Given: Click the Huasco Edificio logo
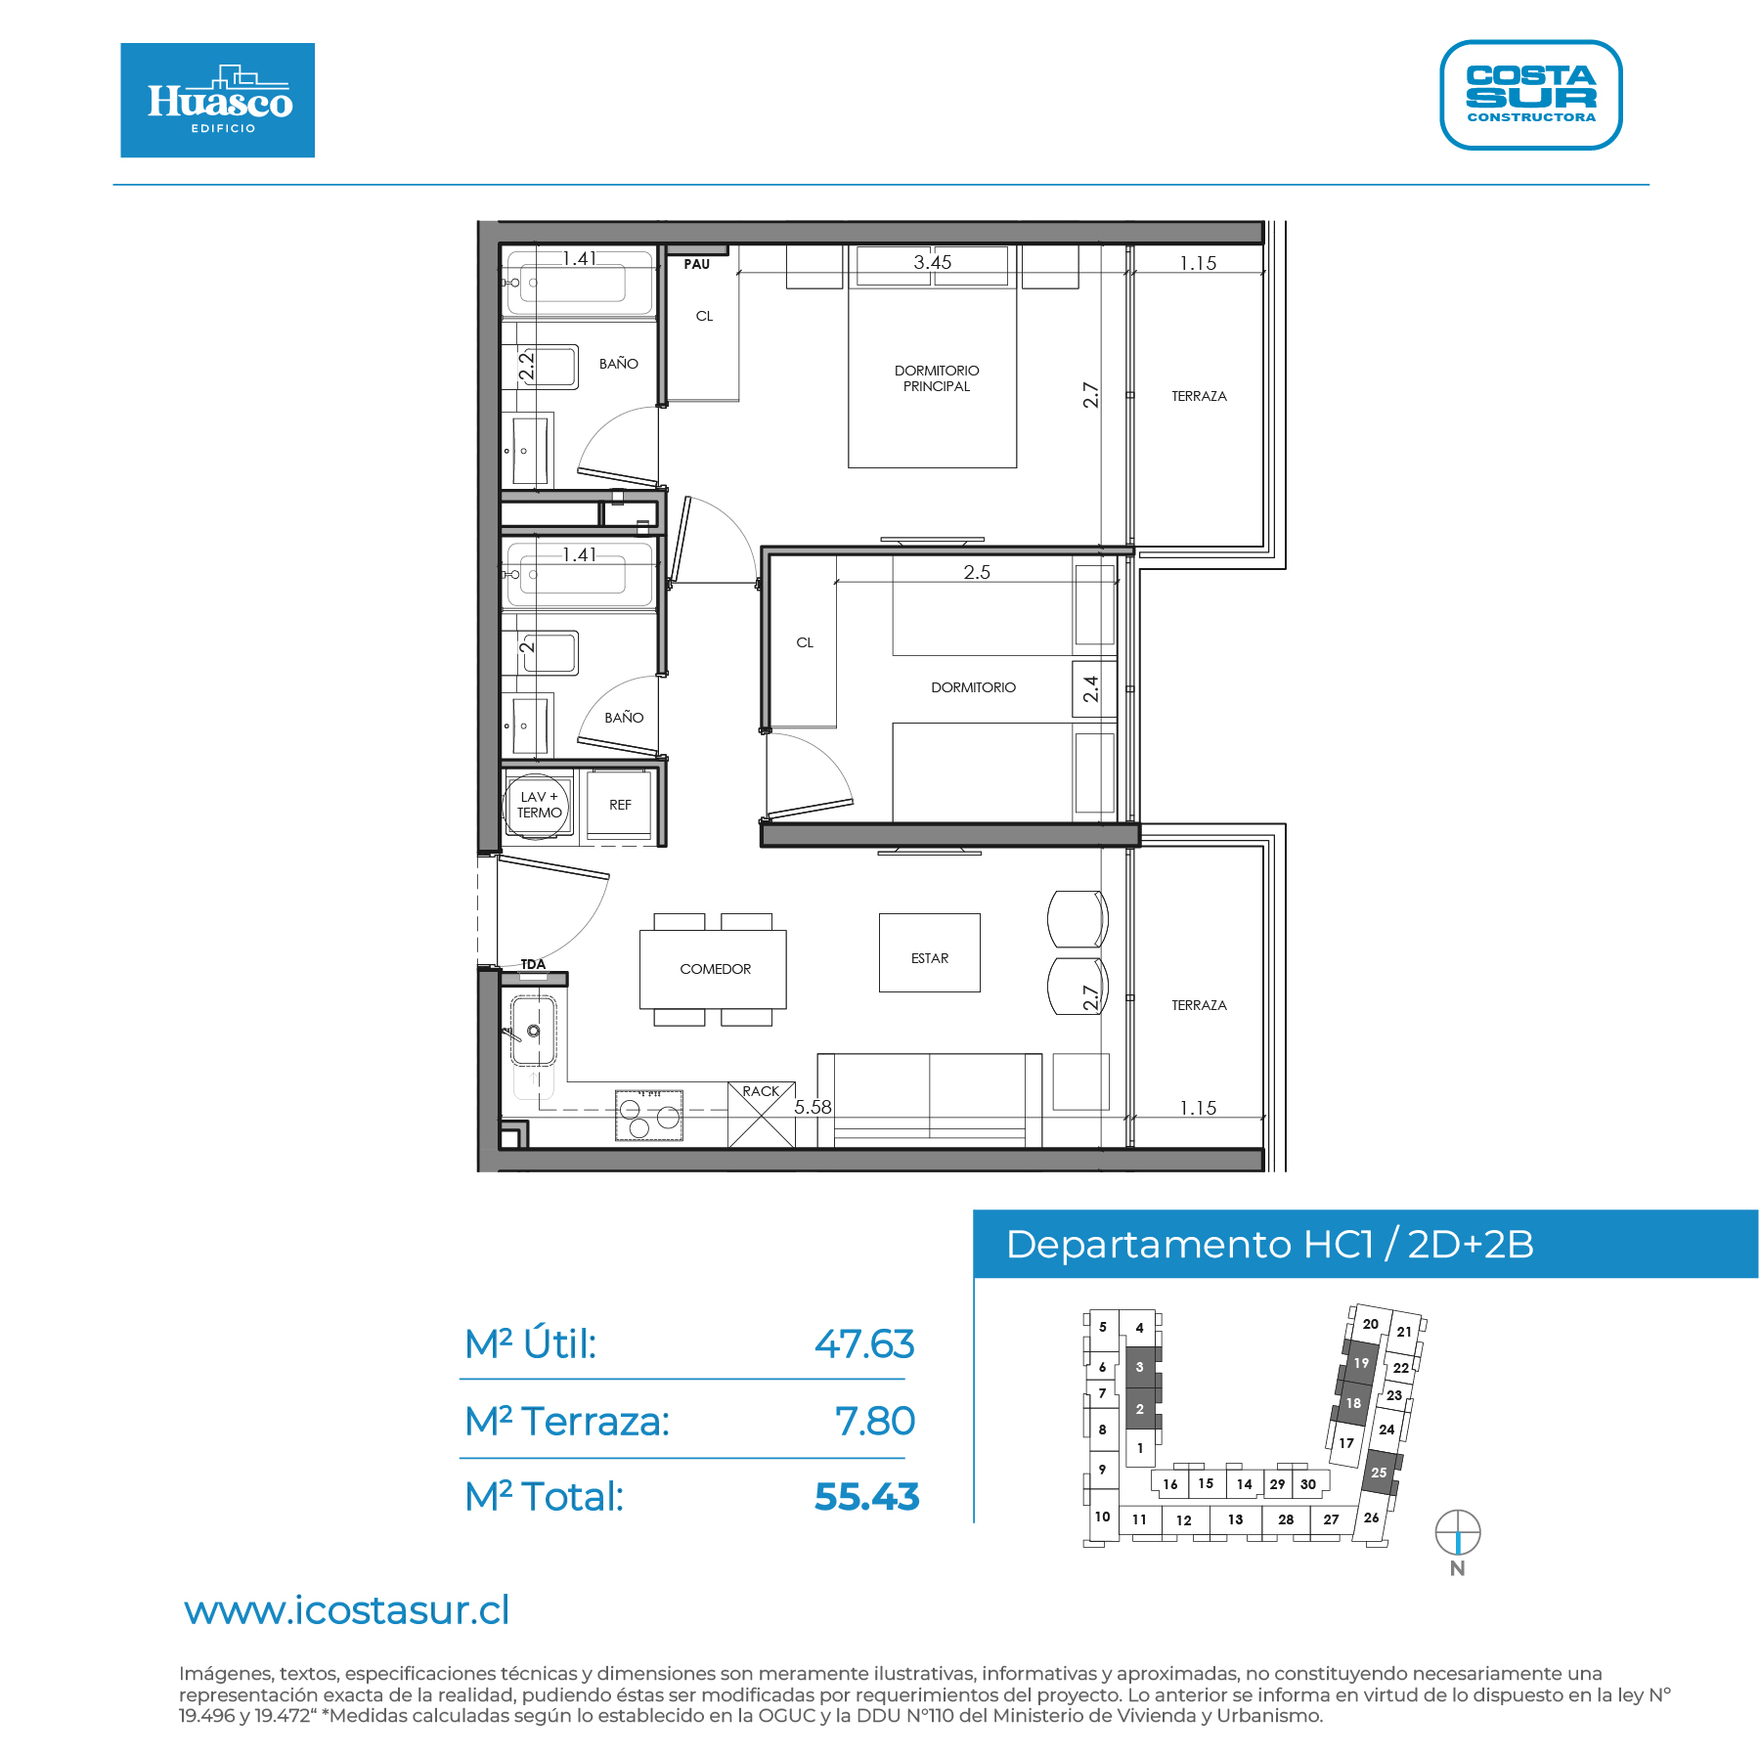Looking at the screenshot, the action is click(217, 100).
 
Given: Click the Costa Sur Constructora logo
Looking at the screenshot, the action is click(1530, 95).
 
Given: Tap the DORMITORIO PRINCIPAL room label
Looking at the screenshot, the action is click(937, 378).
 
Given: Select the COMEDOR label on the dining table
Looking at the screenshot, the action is click(716, 969).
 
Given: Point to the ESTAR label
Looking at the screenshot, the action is click(930, 958).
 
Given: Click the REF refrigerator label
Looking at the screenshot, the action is click(620, 805).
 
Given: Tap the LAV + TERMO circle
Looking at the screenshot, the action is click(536, 805).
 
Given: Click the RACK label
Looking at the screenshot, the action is click(761, 1091).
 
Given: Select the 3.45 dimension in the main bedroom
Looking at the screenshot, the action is click(932, 262).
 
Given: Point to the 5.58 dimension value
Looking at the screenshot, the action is click(813, 1107).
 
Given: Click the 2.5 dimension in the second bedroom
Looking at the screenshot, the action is click(977, 572).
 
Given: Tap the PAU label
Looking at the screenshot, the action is click(697, 264).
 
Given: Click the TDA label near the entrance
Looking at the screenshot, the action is click(533, 964).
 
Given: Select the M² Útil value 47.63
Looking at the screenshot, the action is click(864, 1344).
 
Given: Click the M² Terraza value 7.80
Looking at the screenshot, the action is click(875, 1421).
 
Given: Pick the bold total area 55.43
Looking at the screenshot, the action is click(866, 1497).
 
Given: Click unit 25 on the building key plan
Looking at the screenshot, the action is click(1379, 1473).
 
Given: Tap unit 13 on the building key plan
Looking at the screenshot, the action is click(1235, 1519).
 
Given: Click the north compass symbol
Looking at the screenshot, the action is click(1457, 1532).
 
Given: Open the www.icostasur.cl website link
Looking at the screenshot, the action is click(347, 1610).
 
